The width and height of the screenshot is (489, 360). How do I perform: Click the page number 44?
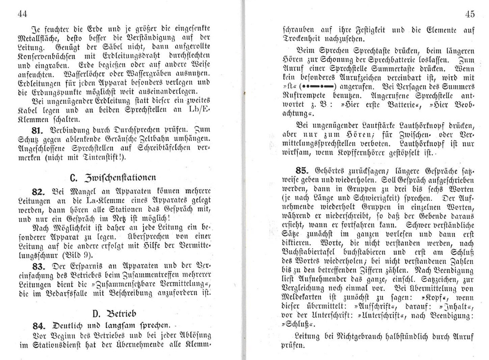(22, 14)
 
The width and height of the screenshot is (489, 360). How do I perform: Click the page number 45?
(471, 14)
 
